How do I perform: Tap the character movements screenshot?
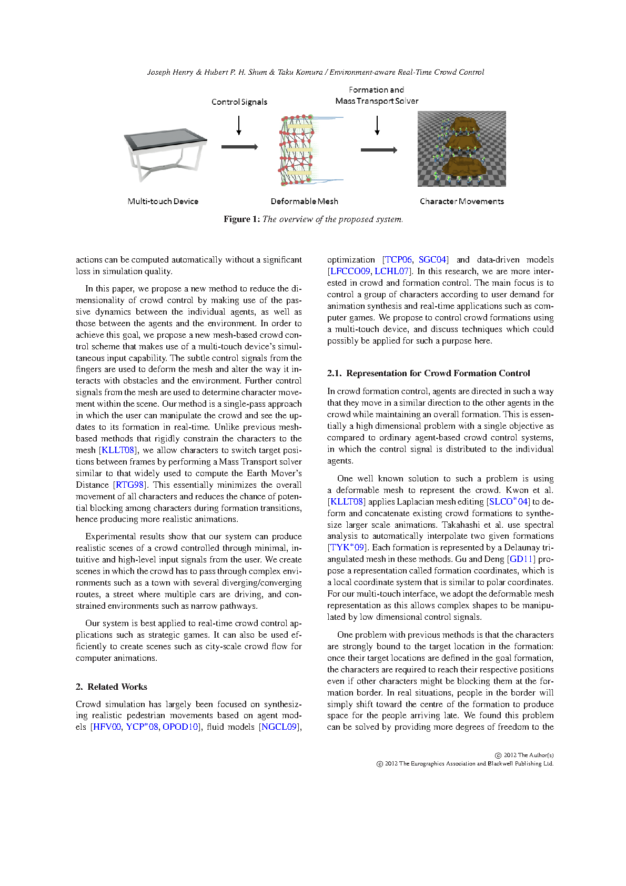(461, 149)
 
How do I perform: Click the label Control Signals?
(239, 102)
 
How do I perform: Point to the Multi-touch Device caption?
(163, 202)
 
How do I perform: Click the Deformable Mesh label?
(304, 202)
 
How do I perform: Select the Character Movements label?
(461, 202)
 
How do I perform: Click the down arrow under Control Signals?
(239, 125)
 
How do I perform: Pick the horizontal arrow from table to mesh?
(239, 147)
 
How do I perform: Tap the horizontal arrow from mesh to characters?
(379, 150)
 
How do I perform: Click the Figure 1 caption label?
(241, 219)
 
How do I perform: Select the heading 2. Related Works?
(111, 687)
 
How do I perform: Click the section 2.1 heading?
(428, 373)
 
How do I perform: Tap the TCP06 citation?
(398, 259)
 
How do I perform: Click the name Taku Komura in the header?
(300, 72)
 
